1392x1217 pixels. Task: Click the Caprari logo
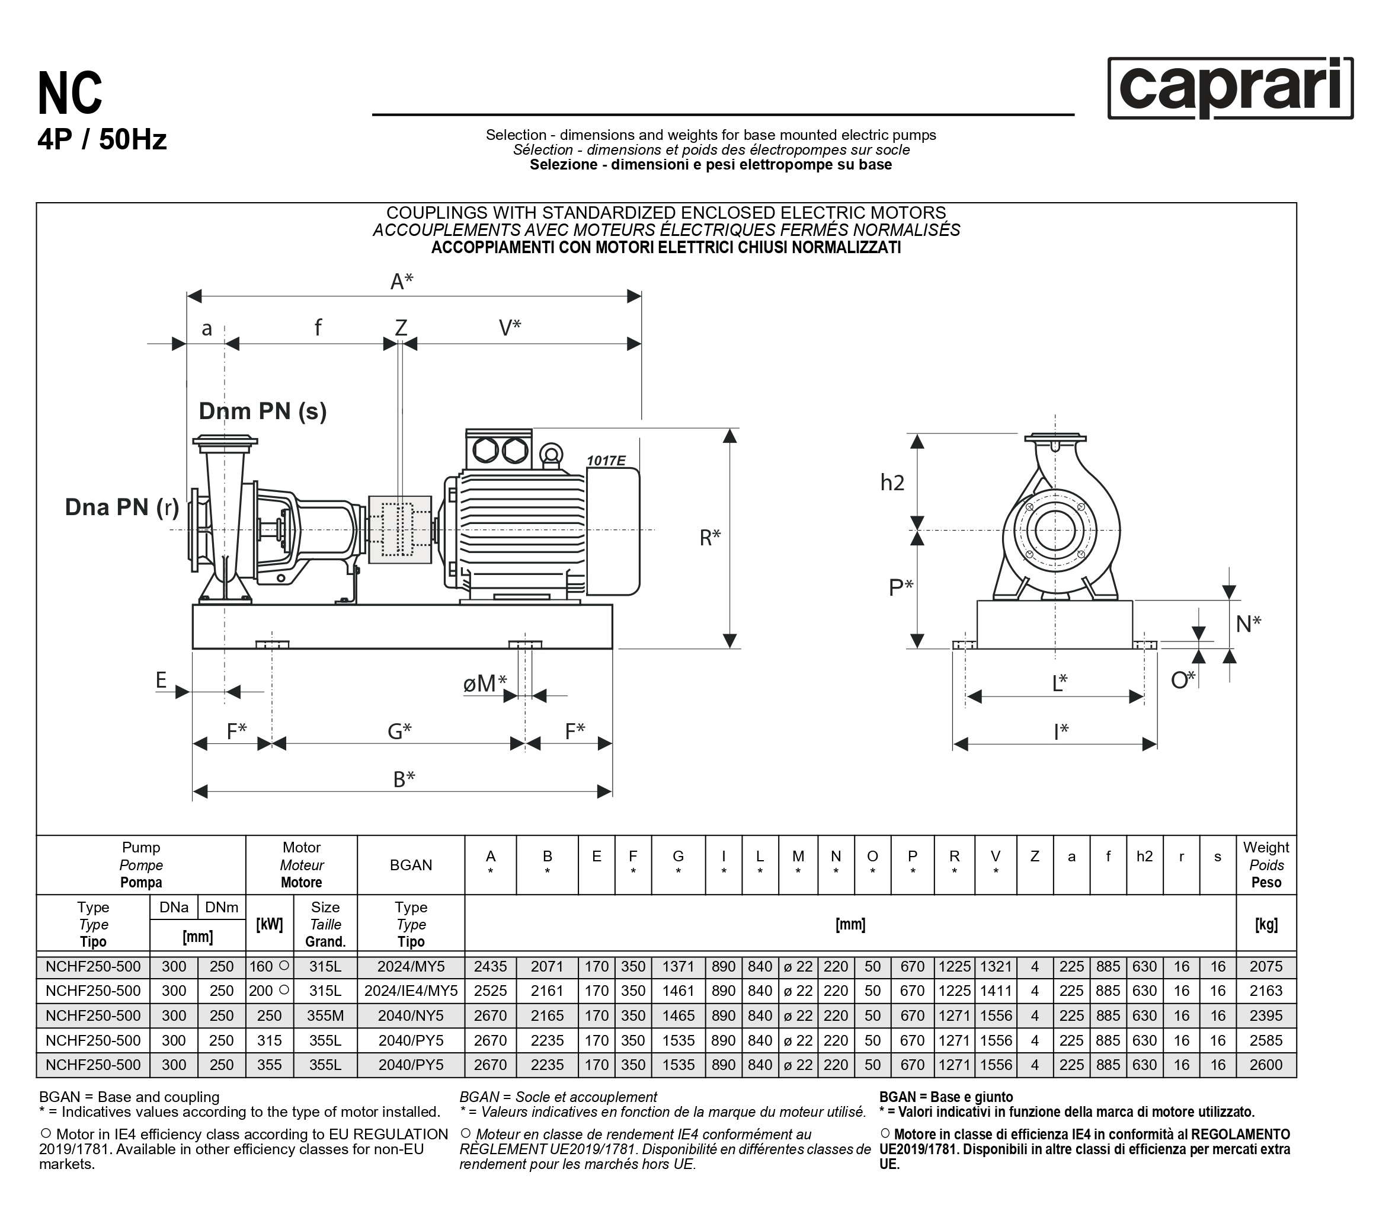[1230, 88]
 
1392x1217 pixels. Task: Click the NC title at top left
[70, 94]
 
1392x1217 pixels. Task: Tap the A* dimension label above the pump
[401, 281]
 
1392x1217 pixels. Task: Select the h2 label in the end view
[892, 483]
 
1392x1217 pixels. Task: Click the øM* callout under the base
[485, 683]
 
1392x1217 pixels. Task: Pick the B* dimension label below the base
[404, 779]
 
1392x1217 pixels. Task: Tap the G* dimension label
[399, 732]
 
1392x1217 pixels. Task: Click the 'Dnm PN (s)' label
[263, 411]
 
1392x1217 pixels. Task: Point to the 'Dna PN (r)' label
[122, 507]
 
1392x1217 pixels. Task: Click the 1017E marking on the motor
[606, 461]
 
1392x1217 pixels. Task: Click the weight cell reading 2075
[1266, 966]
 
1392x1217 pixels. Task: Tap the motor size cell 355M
[325, 1015]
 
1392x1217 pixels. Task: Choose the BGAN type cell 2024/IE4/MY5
[411, 991]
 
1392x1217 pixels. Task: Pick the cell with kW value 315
[269, 1040]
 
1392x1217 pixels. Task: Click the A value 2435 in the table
[490, 966]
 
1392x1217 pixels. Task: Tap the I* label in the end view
[1061, 732]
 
